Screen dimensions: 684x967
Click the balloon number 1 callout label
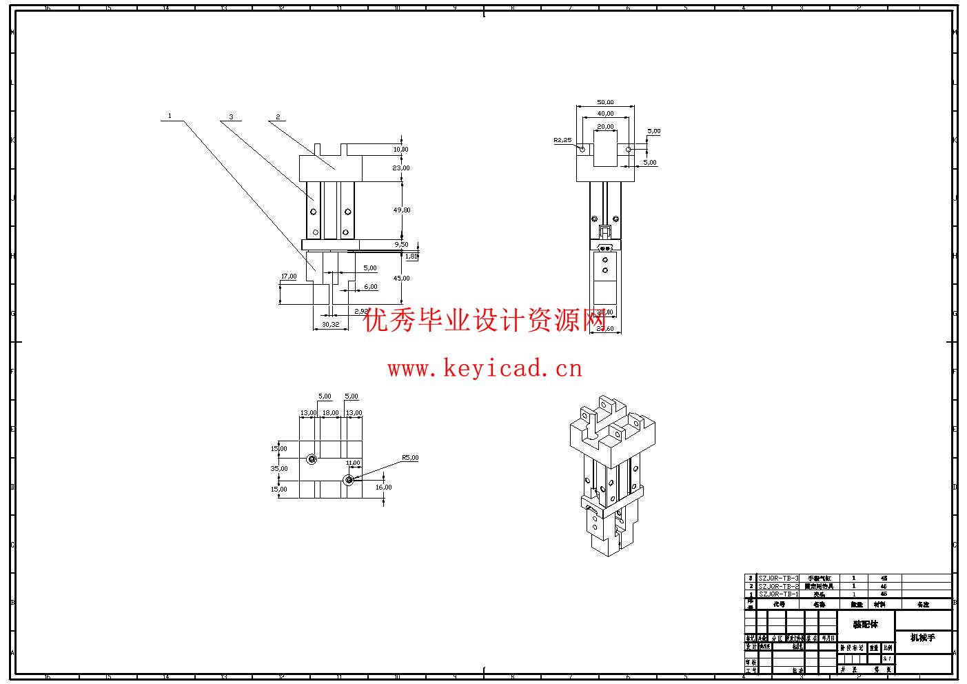click(x=170, y=116)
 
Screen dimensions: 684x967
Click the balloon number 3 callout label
click(x=232, y=117)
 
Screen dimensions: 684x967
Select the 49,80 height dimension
click(x=401, y=210)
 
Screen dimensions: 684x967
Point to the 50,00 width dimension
click(x=605, y=103)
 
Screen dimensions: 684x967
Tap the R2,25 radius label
click(x=562, y=140)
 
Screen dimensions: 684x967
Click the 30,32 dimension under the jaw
click(x=330, y=325)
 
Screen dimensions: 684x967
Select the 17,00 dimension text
click(x=289, y=276)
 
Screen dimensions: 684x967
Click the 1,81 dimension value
click(x=411, y=256)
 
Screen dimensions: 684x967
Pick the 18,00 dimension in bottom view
click(x=331, y=413)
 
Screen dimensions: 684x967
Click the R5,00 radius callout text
click(x=410, y=458)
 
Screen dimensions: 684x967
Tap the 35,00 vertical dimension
click(x=279, y=469)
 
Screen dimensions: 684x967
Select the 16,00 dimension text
click(x=383, y=487)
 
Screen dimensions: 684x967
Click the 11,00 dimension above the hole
click(x=353, y=463)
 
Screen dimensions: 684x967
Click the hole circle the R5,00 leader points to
click(x=349, y=479)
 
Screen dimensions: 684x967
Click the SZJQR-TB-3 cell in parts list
click(x=778, y=579)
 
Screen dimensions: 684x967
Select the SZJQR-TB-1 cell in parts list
click(x=778, y=594)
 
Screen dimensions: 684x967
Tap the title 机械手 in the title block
click(x=922, y=638)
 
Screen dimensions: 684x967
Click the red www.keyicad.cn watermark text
click(x=485, y=369)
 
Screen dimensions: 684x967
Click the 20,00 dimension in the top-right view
click(x=605, y=127)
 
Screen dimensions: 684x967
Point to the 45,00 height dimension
click(x=401, y=279)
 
